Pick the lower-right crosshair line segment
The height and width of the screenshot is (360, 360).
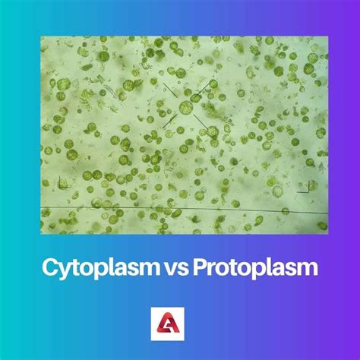coord(203,122)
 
